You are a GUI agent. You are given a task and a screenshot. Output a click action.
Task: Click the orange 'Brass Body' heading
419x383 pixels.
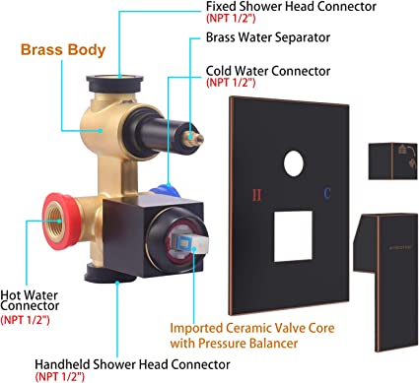63,49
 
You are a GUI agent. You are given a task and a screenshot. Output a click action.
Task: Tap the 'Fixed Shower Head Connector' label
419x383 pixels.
291,6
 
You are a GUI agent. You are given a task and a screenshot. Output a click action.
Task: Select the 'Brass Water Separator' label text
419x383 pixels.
268,37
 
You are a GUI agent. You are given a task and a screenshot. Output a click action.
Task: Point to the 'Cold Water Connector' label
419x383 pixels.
268,71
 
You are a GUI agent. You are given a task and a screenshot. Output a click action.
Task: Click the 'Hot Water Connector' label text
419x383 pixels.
30,300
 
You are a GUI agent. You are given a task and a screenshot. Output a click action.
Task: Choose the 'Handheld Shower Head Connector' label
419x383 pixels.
132,364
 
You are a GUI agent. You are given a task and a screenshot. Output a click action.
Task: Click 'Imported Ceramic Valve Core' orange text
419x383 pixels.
252,328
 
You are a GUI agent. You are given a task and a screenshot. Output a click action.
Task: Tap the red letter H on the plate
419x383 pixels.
256,195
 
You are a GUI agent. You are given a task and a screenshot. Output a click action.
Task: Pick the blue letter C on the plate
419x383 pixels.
326,194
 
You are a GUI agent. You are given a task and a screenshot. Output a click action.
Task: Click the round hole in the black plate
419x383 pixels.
294,163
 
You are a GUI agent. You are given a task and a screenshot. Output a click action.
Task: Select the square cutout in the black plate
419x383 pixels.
293,236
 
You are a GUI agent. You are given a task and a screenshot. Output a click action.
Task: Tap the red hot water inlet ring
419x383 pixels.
61,220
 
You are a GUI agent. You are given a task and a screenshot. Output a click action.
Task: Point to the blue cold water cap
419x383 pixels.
166,191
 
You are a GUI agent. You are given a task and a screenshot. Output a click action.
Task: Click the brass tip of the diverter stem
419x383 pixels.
193,139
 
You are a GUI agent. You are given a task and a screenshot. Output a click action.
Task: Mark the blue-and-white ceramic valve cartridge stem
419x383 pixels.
193,242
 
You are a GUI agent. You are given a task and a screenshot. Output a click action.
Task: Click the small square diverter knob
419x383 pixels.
392,161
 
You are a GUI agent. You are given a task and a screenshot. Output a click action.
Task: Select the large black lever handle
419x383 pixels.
385,282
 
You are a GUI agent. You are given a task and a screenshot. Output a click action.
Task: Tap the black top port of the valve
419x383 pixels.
114,84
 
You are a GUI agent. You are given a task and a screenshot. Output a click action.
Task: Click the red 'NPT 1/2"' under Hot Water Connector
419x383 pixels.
26,319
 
